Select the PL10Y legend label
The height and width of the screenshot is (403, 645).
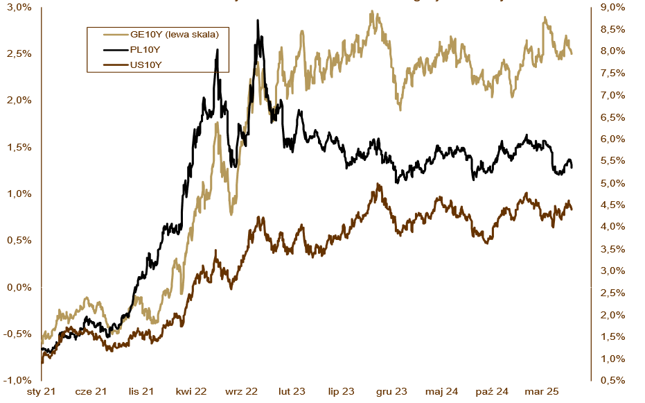tap(146, 49)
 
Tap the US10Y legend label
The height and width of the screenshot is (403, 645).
tap(147, 65)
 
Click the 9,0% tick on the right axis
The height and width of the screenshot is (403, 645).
tap(612, 7)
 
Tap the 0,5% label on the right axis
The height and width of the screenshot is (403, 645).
tap(612, 380)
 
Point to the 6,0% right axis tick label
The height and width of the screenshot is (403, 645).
tap(612, 139)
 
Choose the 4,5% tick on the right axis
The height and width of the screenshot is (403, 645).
tap(612, 205)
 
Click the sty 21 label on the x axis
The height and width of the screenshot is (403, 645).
tap(41, 393)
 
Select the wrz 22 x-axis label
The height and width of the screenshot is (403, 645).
tap(241, 393)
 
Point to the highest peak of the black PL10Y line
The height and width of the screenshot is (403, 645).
tap(258, 21)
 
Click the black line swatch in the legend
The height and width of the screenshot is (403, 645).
tap(115, 49)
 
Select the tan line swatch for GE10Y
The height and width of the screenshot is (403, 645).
tap(115, 33)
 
